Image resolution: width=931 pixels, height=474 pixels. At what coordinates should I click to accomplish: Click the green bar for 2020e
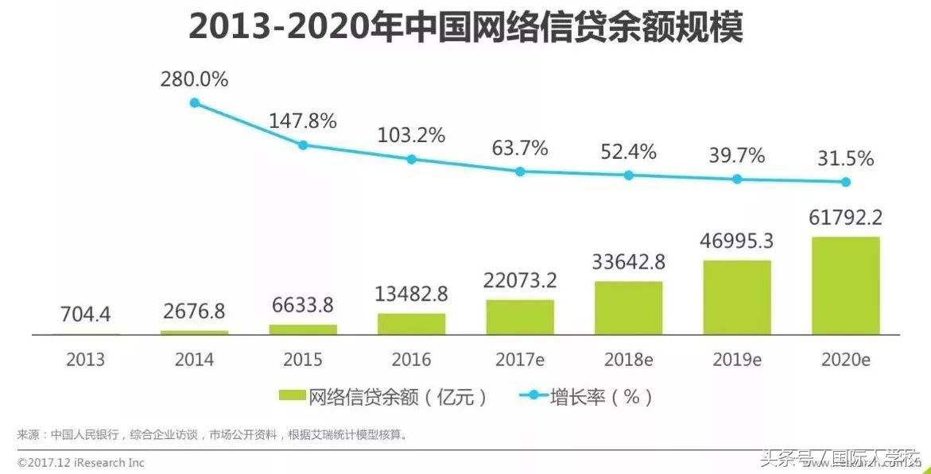tap(846, 285)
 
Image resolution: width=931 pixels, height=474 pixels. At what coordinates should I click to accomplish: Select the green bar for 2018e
tap(628, 307)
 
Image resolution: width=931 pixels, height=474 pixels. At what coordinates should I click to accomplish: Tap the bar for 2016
tap(411, 324)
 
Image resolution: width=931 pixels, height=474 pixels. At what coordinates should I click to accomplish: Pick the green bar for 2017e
tap(520, 317)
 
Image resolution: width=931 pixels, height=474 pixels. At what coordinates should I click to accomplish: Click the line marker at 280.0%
tap(194, 102)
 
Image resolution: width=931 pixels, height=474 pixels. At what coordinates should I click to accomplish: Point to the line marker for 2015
tap(303, 145)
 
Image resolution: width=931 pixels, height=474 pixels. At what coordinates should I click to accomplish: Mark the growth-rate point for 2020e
tap(846, 182)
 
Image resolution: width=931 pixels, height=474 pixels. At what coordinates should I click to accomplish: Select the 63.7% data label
tap(519, 148)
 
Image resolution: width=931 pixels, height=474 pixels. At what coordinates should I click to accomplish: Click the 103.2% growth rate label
tap(411, 136)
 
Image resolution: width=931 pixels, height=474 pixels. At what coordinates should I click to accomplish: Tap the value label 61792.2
tap(846, 217)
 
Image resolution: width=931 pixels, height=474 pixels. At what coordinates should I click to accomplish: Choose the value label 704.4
tap(86, 315)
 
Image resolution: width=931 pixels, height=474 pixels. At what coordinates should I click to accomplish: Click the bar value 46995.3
tap(737, 241)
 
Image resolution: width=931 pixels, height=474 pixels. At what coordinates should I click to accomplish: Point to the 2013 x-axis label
tap(86, 360)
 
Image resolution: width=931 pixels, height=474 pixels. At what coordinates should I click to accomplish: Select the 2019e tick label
tap(737, 360)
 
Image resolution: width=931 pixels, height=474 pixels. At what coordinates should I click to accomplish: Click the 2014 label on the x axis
tap(194, 360)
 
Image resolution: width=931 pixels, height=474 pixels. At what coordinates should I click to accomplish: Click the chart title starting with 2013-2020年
tap(466, 29)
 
